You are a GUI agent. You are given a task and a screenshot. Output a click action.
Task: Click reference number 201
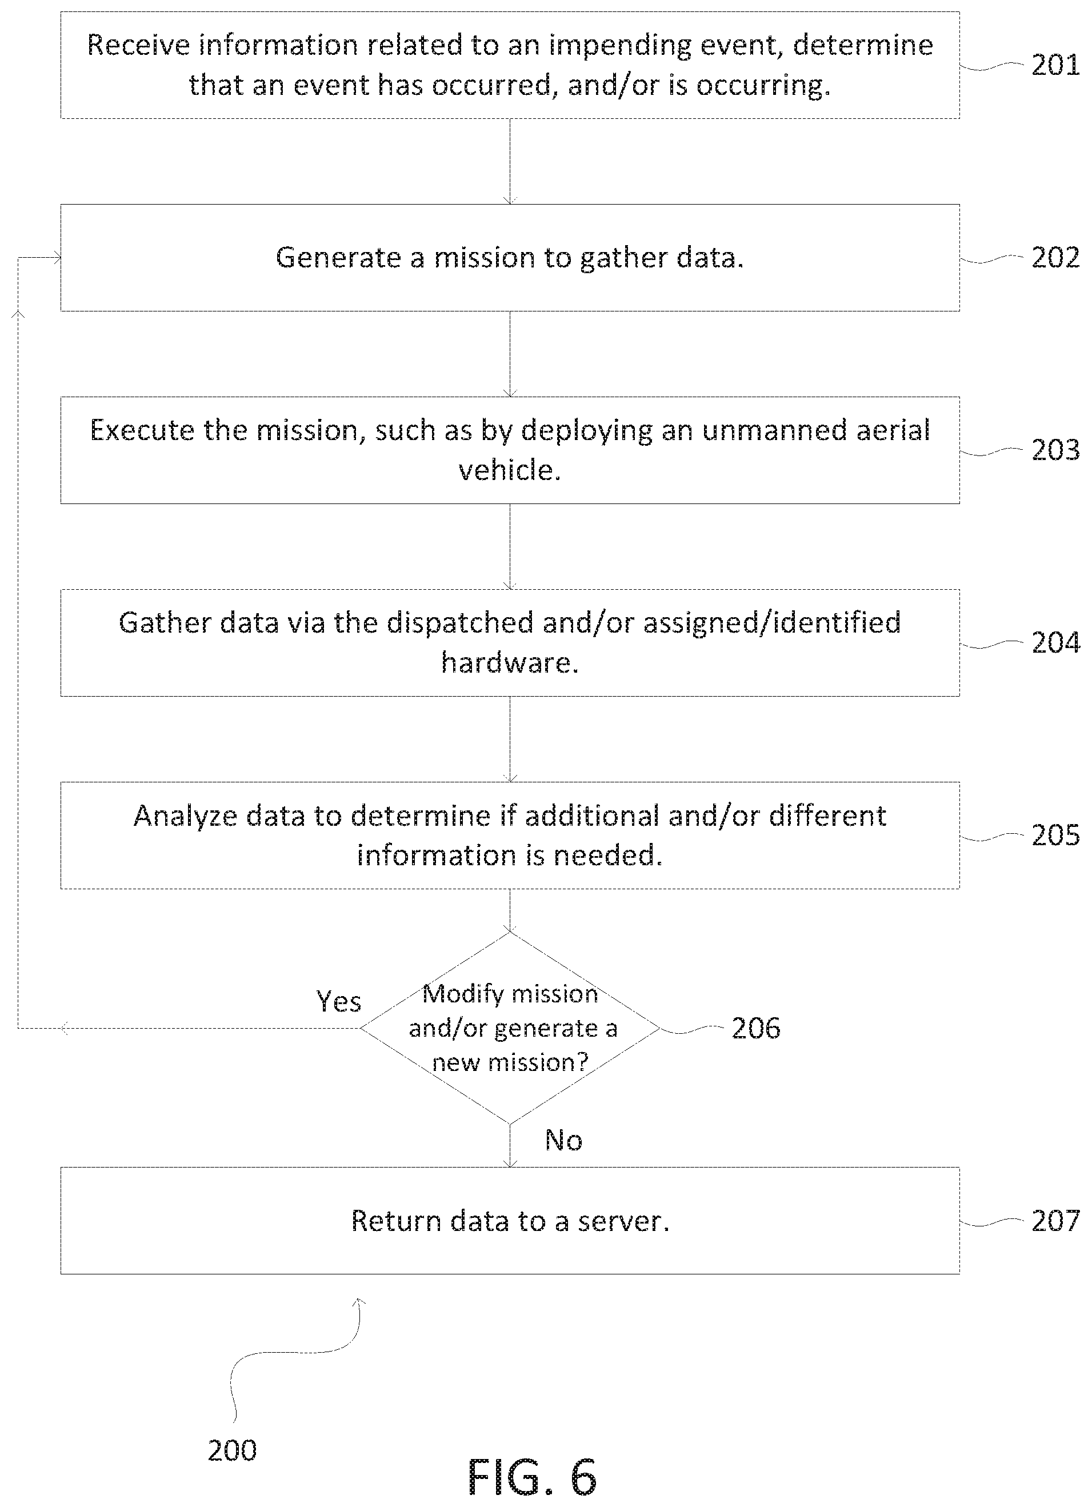tap(1055, 66)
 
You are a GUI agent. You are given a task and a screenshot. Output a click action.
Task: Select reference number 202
tap(1055, 258)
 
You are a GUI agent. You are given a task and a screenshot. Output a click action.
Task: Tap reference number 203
tap(1055, 450)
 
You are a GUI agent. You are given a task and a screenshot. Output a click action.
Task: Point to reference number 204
tap(1055, 642)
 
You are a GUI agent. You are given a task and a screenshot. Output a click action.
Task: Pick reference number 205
tap(1055, 836)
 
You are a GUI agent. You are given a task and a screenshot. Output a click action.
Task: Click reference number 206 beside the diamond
tap(756, 1028)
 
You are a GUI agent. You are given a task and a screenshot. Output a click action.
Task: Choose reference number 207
tap(1055, 1221)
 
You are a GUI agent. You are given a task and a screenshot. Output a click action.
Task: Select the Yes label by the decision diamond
tap(339, 1001)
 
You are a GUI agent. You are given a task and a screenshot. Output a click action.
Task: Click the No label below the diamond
tap(563, 1140)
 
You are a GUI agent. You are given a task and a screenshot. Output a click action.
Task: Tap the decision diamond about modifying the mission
tap(510, 1028)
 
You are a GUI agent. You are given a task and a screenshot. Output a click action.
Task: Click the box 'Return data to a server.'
tap(510, 1221)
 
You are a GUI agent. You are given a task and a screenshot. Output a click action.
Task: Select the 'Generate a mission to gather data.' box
tap(510, 258)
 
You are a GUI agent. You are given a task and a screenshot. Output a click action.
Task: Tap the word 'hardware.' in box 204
tap(510, 662)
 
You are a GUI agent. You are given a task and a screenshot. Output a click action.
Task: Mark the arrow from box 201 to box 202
tap(510, 162)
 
